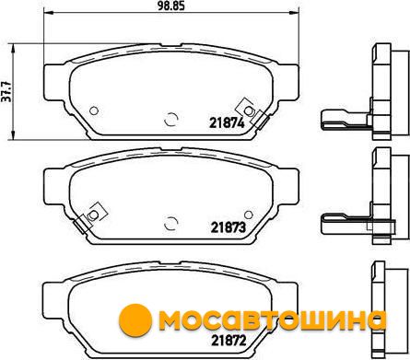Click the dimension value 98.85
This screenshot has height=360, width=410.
pyautogui.click(x=171, y=6)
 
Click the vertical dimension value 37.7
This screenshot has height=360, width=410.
pyautogui.click(x=6, y=92)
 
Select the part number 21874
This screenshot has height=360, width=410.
pyautogui.click(x=227, y=123)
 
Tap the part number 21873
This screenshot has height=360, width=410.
pyautogui.click(x=228, y=227)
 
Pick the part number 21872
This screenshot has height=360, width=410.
pyautogui.click(x=228, y=340)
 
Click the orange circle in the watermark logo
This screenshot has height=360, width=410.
pyautogui.click(x=135, y=320)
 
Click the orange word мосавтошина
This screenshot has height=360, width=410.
pyautogui.click(x=272, y=321)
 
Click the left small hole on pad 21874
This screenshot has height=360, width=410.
pyautogui.click(x=94, y=110)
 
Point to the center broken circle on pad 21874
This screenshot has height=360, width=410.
pyautogui.click(x=171, y=119)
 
